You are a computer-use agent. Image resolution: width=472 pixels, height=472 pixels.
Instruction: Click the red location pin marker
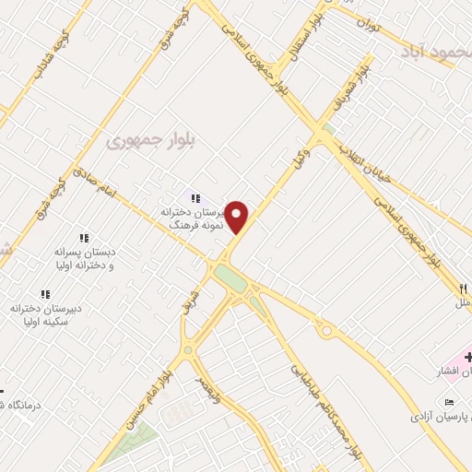click(x=237, y=218)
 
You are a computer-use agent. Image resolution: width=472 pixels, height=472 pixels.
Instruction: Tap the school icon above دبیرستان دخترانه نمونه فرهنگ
click(x=194, y=197)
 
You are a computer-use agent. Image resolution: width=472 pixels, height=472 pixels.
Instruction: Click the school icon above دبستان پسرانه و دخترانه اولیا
click(x=84, y=238)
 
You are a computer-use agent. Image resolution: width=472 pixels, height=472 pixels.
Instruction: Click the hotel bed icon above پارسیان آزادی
click(x=449, y=403)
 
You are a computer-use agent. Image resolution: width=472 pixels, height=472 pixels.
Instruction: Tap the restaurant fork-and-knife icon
click(x=462, y=289)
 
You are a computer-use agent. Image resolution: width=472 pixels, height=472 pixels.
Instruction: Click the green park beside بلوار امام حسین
click(x=129, y=443)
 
